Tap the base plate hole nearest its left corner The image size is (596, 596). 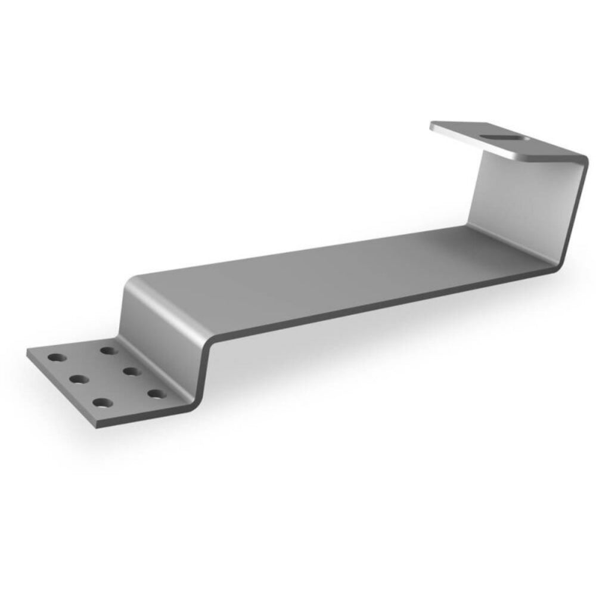coord(57,358)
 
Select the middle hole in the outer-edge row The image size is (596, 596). coord(77,378)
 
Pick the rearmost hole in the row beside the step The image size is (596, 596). coord(108,350)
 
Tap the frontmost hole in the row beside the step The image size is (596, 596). coord(156,393)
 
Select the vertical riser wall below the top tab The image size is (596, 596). coord(519,203)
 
